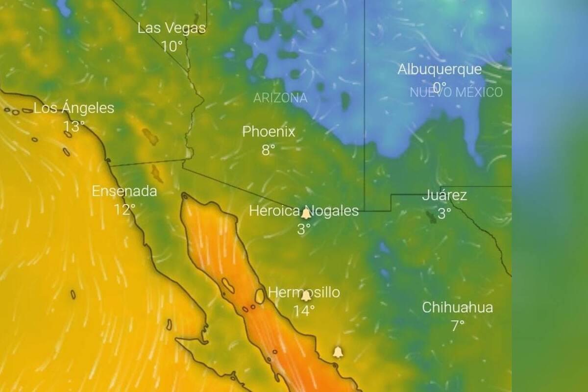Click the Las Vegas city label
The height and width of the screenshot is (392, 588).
pos(171,28)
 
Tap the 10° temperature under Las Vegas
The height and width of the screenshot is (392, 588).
pos(171,47)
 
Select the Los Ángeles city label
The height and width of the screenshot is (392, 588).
pos(74,108)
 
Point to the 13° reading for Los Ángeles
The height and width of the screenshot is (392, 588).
pos(74,126)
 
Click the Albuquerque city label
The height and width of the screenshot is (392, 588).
pos(440,70)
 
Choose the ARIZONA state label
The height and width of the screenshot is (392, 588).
pos(280,98)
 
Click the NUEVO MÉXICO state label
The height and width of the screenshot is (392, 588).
pos(456,92)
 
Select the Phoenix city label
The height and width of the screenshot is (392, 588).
pos(269,132)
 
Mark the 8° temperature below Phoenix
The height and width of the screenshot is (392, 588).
pos(268,150)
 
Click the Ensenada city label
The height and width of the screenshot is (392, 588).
pos(124,192)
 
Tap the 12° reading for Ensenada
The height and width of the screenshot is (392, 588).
pos(124,210)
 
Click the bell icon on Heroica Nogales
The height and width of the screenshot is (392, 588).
pos(306,214)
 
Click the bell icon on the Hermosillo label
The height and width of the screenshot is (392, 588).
pos(306,295)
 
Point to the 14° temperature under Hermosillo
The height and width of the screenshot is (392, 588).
pos(304,311)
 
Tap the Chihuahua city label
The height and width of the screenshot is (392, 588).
pos(458,308)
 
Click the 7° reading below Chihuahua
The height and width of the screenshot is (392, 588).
pos(457,326)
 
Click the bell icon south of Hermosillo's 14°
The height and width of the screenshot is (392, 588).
pos(338,352)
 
